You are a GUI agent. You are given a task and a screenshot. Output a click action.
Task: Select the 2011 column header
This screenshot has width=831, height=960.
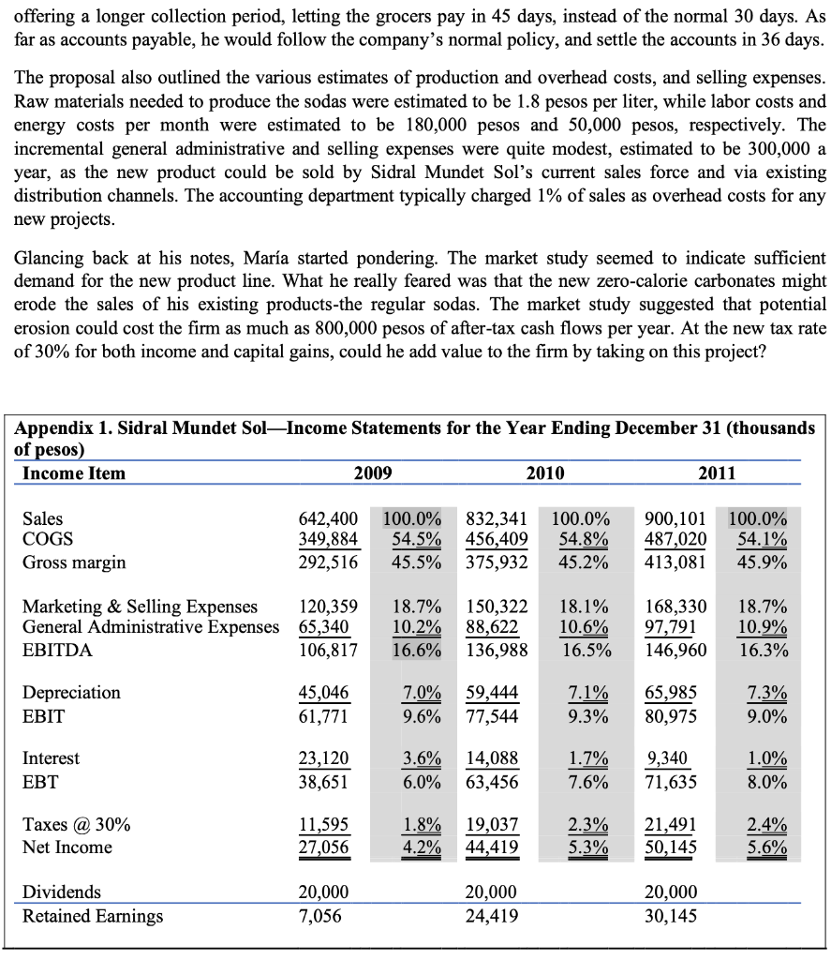717,472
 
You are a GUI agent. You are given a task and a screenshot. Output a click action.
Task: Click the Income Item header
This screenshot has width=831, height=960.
73,472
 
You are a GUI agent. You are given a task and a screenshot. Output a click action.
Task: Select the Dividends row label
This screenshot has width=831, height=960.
61,892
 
